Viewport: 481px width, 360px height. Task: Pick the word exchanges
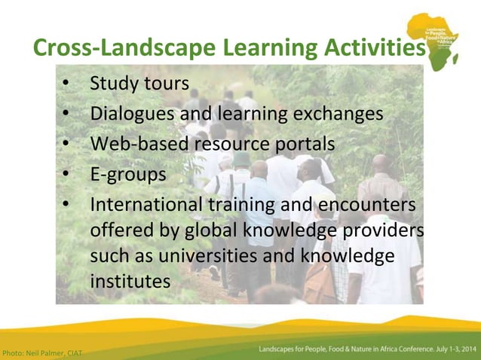[335, 114]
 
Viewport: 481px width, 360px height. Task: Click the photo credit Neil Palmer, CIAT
[41, 352]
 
